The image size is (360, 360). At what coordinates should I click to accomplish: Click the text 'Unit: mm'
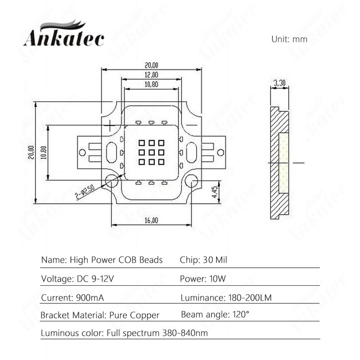(x=289, y=39)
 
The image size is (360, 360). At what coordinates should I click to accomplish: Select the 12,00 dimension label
(x=151, y=75)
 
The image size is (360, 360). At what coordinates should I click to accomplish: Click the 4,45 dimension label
(x=215, y=192)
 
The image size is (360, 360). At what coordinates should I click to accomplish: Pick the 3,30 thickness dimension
(x=279, y=83)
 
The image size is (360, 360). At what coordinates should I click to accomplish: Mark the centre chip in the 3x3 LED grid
(x=151, y=152)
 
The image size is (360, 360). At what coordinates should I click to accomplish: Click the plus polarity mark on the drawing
(x=111, y=124)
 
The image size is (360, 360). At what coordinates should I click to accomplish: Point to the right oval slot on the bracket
(x=192, y=152)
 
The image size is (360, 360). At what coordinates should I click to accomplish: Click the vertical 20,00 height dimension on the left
(x=31, y=152)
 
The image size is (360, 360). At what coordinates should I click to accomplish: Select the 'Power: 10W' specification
(x=202, y=279)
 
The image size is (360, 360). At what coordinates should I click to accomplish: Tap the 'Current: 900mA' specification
(x=71, y=297)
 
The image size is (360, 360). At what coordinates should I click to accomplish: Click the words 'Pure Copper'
(x=134, y=315)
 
